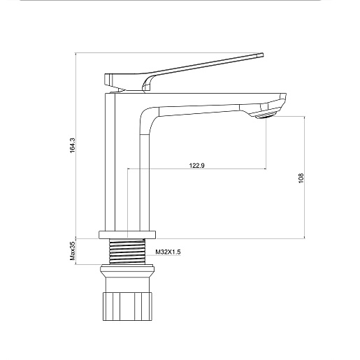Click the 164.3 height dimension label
pos(73,145)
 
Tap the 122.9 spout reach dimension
pos(197,166)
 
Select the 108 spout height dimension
pos(301,178)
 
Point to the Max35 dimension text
pos(73,251)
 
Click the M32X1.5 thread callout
pos(168,252)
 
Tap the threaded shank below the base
pos(127,251)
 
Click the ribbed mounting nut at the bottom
pos(127,306)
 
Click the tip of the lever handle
pos(263,55)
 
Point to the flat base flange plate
pos(127,235)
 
